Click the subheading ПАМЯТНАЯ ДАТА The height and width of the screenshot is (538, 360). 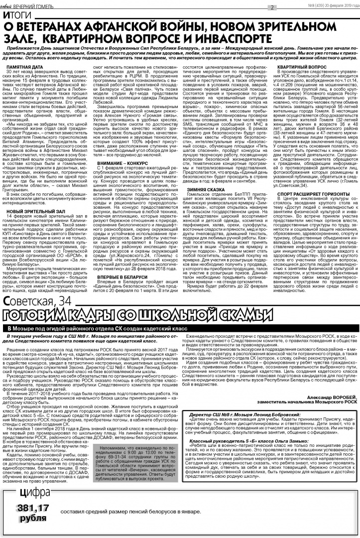[x=22, y=66]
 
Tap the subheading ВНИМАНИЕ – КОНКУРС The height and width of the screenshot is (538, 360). [x=120, y=163]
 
